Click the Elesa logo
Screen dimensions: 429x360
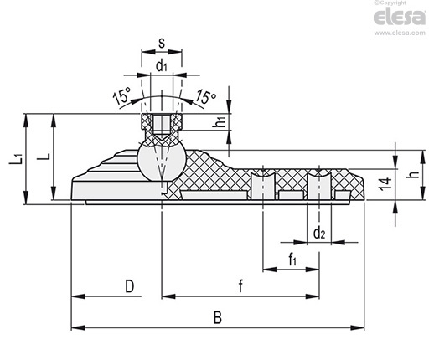coord(400,17)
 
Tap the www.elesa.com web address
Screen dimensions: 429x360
coord(400,33)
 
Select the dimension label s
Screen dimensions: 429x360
coord(162,43)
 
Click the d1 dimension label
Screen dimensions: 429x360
coord(162,66)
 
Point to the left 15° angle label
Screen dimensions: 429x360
coord(121,95)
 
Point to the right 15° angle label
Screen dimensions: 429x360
coord(205,96)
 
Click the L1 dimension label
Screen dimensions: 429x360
coord(15,158)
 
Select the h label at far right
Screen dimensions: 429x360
coord(416,174)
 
